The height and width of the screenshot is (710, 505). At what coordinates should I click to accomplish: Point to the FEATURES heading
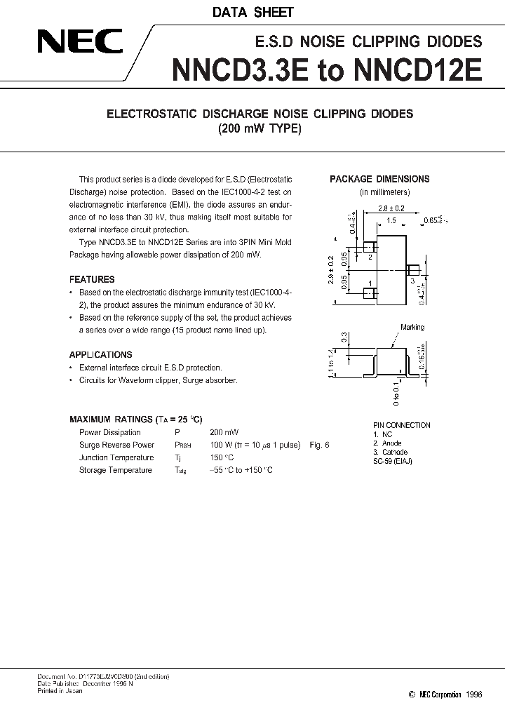click(x=92, y=279)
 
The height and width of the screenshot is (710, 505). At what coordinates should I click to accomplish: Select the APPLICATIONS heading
click(x=100, y=355)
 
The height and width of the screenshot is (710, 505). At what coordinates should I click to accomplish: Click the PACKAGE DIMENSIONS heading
click(x=379, y=179)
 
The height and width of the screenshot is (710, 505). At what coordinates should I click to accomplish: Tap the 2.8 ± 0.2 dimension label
click(x=391, y=208)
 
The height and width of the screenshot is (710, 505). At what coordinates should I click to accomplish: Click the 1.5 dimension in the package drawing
click(x=391, y=220)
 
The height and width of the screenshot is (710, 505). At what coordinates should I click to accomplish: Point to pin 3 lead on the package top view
click(x=414, y=270)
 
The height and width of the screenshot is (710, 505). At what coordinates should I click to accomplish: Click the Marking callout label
click(x=412, y=327)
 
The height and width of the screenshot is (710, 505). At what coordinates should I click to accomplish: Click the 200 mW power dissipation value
click(x=224, y=432)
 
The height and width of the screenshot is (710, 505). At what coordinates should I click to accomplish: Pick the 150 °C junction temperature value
click(x=223, y=457)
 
